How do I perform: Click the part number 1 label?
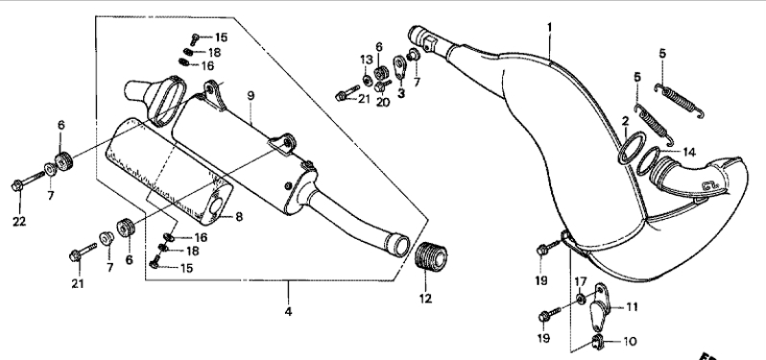tap(549, 26)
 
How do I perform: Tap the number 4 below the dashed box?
tap(288, 311)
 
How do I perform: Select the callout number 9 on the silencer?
tap(251, 95)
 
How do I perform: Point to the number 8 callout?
tap(239, 216)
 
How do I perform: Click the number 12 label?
tap(425, 299)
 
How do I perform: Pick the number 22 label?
tap(19, 221)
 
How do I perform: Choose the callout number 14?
tap(689, 153)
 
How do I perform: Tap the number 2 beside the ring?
tap(625, 121)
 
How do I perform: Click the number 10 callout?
tap(631, 341)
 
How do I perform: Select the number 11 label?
tap(633, 307)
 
